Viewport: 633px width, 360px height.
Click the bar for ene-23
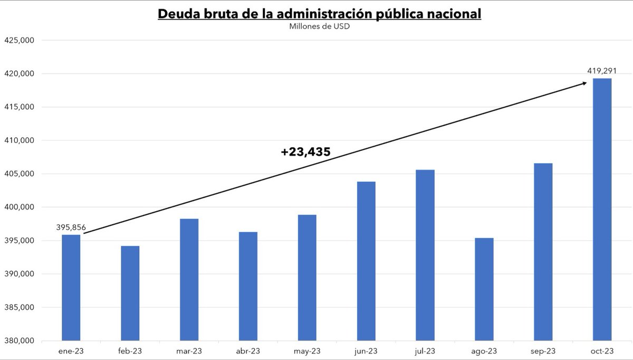pos(71,288)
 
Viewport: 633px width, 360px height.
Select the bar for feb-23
pos(130,293)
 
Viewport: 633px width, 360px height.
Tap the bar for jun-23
pos(366,261)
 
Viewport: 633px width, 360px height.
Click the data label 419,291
pos(602,71)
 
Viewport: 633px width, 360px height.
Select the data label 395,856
pos(71,228)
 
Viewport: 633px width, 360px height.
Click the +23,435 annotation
pos(305,152)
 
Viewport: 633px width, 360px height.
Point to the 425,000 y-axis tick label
pos(20,40)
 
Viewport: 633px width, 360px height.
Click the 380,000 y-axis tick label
pos(20,341)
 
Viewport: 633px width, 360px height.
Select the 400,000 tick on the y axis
pos(20,207)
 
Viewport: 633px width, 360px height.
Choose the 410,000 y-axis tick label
pos(20,140)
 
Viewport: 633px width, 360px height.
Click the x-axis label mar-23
pos(189,350)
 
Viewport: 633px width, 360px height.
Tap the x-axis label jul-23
pos(425,350)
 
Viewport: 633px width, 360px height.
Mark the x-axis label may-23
pos(307,350)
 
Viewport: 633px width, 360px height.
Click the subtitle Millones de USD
pos(319,26)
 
